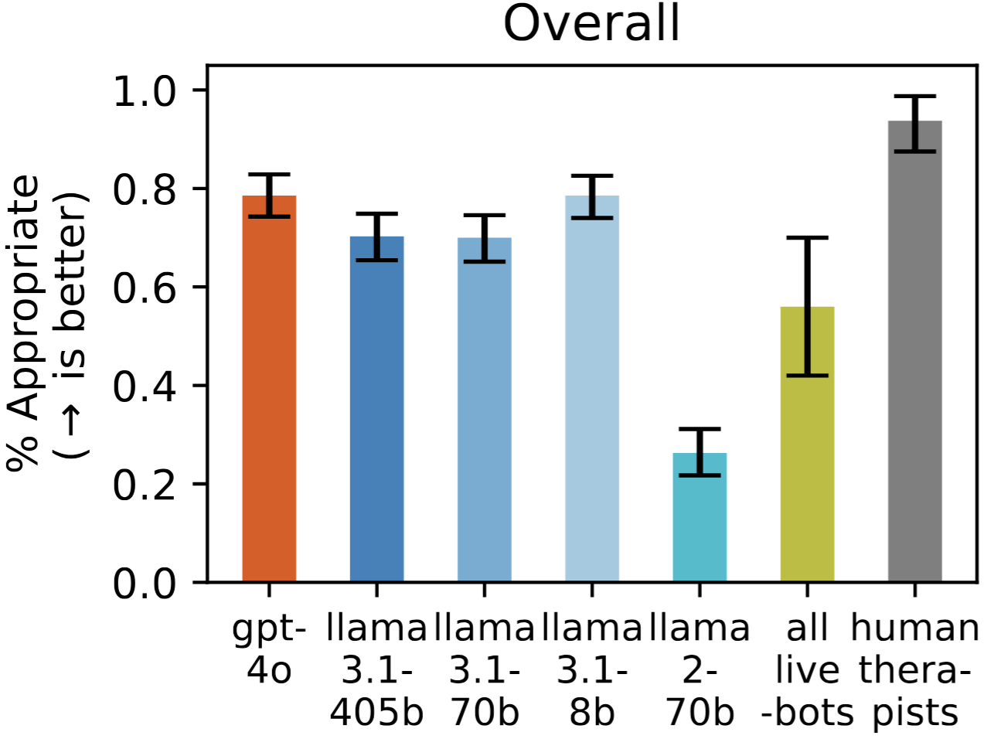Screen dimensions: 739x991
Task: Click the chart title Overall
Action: (x=591, y=24)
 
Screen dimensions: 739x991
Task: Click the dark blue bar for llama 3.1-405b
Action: (x=376, y=409)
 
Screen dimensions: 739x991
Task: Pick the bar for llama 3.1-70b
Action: (x=484, y=410)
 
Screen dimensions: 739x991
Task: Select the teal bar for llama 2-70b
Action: (x=700, y=517)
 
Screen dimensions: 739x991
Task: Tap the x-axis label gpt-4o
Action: (x=269, y=649)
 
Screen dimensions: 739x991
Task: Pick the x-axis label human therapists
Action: (x=914, y=669)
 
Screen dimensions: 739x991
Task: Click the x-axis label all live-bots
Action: (x=807, y=669)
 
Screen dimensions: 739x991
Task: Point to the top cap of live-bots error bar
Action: (x=807, y=238)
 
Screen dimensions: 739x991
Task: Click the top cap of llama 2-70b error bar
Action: (x=700, y=429)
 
